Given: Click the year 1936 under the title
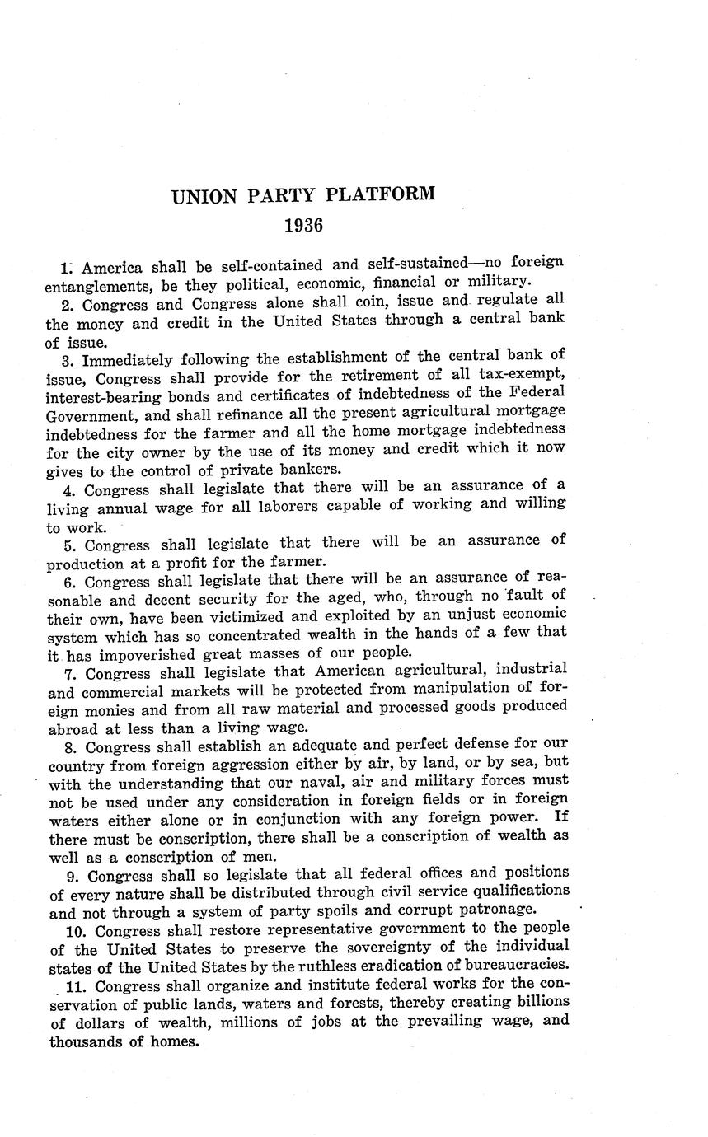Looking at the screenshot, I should tap(304, 225).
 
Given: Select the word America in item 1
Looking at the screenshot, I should tap(113, 267).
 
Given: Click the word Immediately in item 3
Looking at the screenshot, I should tap(127, 359).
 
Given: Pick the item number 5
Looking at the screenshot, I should tap(68, 545).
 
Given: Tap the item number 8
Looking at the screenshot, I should tap(68, 748).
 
